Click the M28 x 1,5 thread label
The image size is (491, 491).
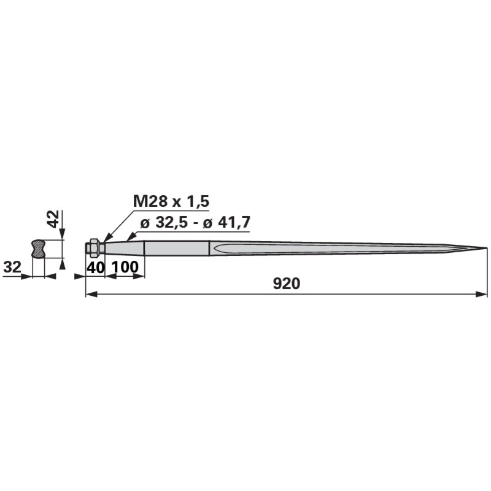point(171,201)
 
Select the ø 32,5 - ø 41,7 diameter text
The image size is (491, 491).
point(195,223)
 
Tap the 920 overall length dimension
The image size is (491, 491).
point(287,284)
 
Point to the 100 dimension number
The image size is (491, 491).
point(125,267)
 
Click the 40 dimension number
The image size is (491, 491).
point(95,268)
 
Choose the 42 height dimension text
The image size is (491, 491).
point(53,219)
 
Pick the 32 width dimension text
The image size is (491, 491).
point(12,267)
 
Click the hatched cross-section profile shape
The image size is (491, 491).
point(39,249)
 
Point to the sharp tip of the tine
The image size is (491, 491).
point(487,248)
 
